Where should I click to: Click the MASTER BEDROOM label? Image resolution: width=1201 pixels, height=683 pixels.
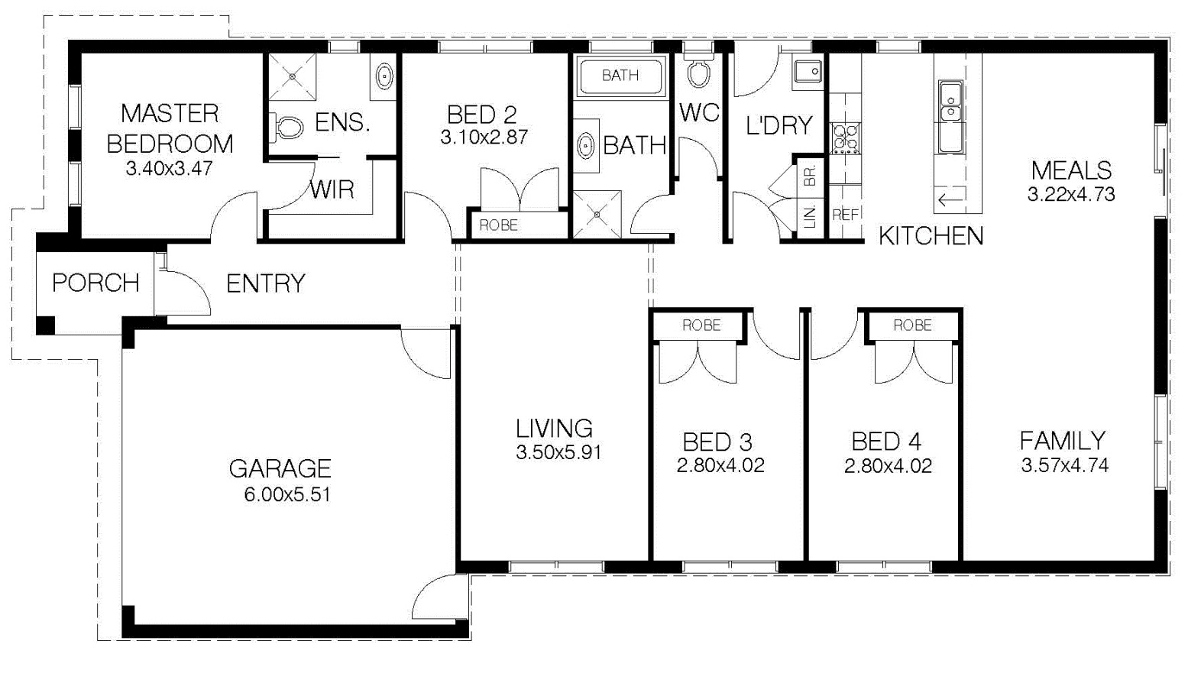click(x=170, y=128)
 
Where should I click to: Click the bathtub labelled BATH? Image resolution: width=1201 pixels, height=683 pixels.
click(x=620, y=76)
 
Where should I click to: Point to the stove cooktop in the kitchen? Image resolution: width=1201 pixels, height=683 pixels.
click(x=845, y=138)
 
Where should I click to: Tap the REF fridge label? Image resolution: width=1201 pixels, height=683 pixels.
click(x=845, y=215)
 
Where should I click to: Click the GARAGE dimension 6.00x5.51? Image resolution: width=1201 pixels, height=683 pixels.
click(x=287, y=494)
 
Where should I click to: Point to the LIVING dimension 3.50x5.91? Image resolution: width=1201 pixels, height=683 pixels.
click(x=558, y=452)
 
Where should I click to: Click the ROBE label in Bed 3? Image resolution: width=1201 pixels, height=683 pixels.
click(x=701, y=325)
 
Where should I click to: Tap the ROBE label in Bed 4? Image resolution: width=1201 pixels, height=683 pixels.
click(x=912, y=325)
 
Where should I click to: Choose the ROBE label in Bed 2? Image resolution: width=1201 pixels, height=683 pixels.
click(x=499, y=225)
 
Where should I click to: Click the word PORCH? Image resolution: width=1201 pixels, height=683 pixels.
click(x=96, y=283)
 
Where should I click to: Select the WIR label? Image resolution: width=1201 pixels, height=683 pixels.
click(x=332, y=189)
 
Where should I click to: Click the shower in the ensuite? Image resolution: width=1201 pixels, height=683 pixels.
click(x=292, y=76)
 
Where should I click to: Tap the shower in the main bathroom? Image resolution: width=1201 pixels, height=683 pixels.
click(x=597, y=215)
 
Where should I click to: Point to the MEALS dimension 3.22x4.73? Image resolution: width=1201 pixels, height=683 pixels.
click(x=1071, y=194)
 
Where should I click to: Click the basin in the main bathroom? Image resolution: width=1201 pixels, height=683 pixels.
click(x=585, y=145)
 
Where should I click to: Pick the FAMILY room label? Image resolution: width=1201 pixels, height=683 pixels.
click(x=1063, y=441)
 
